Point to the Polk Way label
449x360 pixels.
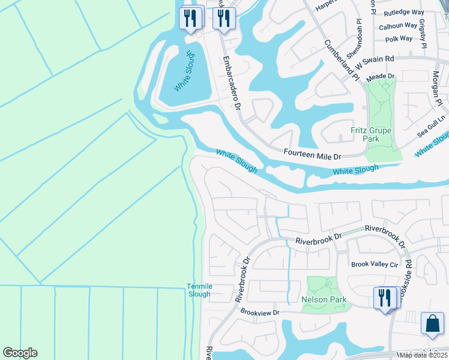pyautogui.click(x=399, y=38)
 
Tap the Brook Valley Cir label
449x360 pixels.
pyautogui.click(x=375, y=264)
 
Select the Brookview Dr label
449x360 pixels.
pyautogui.click(x=260, y=313)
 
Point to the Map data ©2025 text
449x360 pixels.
pyautogui.click(x=423, y=355)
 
